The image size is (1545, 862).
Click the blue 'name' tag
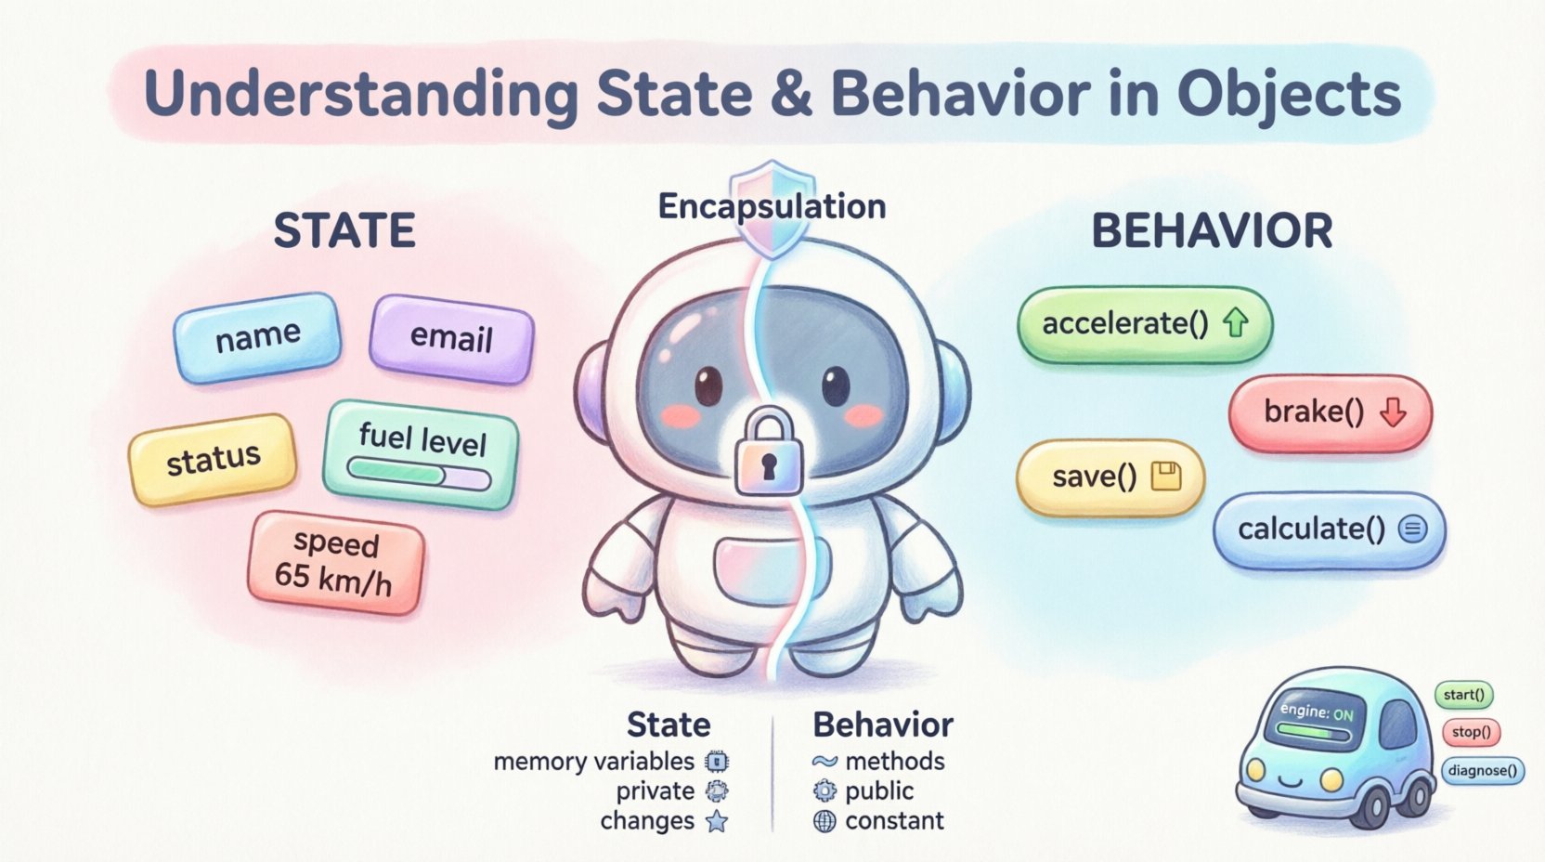tap(257, 336)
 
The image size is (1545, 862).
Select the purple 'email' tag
tap(451, 338)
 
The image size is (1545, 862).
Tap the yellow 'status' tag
tap(213, 459)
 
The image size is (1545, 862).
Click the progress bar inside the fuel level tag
tap(419, 476)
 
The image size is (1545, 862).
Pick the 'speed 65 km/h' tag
tap(334, 562)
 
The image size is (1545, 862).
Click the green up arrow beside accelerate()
tap(1235, 323)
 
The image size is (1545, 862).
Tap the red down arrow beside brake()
tap(1392, 411)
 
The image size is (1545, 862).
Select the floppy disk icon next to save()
tap(1165, 477)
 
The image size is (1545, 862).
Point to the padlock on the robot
tap(768, 453)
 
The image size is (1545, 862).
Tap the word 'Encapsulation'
tap(772, 206)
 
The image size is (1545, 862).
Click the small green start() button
tap(1463, 695)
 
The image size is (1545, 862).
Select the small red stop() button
tap(1471, 732)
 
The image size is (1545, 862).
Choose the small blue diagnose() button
tap(1482, 770)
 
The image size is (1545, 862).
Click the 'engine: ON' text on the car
tap(1316, 712)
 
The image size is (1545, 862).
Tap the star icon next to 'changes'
tap(717, 821)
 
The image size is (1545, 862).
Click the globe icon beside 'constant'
tap(824, 821)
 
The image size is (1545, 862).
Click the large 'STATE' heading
tap(344, 230)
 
